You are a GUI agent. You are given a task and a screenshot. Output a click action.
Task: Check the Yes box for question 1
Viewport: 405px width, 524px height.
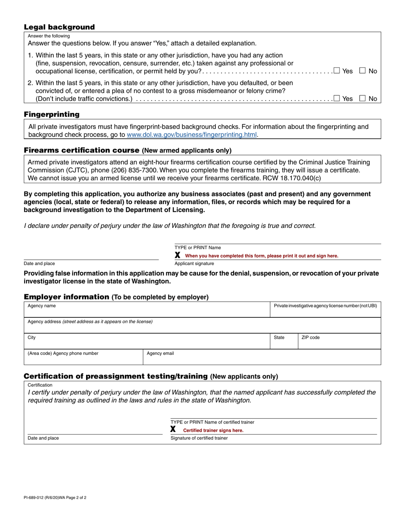pyautogui.click(x=337, y=71)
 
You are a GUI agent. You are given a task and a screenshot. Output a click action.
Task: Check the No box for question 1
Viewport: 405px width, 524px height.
pyautogui.click(x=363, y=71)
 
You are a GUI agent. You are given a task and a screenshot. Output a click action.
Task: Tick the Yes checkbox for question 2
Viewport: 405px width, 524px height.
pyautogui.click(x=337, y=98)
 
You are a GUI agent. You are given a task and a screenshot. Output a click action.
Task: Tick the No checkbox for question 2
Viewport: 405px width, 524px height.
pyautogui.click(x=363, y=98)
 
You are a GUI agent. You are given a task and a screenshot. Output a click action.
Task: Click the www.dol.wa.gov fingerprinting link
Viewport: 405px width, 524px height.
pyautogui.click(x=192, y=135)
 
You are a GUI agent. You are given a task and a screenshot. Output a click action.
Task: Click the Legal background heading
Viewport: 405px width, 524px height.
pyautogui.click(x=59, y=27)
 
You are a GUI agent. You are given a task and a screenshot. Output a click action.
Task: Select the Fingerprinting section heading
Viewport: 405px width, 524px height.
pyautogui.click(x=52, y=115)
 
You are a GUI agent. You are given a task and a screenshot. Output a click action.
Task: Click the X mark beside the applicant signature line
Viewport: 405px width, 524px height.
pyautogui.click(x=178, y=255)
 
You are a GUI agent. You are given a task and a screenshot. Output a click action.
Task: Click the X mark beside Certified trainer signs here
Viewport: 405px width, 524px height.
pyautogui.click(x=173, y=429)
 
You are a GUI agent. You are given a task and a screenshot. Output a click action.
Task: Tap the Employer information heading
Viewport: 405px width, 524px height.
pyautogui.click(x=67, y=297)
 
